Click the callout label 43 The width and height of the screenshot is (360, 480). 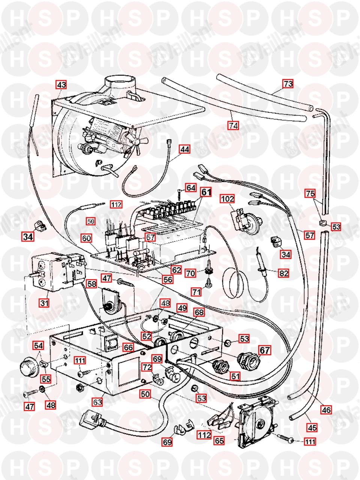click(61, 85)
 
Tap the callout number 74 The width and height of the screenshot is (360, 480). click(233, 126)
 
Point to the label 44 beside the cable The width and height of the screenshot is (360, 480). click(184, 149)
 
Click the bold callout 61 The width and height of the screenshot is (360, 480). click(205, 192)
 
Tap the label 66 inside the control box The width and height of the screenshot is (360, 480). click(128, 348)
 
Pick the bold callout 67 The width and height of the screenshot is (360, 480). click(265, 350)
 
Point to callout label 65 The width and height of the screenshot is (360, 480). click(219, 441)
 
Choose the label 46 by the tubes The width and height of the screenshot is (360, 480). click(326, 410)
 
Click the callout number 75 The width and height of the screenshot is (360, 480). click(310, 193)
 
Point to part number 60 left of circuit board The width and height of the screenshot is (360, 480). click(86, 238)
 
